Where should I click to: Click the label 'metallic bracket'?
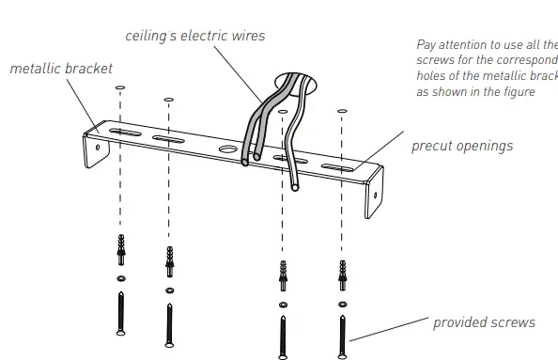click(61, 69)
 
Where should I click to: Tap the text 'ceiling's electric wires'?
click(195, 36)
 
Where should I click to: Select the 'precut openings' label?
click(462, 146)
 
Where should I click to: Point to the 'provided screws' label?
click(484, 322)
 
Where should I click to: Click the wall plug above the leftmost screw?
click(120, 252)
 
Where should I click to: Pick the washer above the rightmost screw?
click(342, 304)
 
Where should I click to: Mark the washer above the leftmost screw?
click(120, 279)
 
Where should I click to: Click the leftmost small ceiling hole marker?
click(120, 87)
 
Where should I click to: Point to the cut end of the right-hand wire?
click(294, 189)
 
